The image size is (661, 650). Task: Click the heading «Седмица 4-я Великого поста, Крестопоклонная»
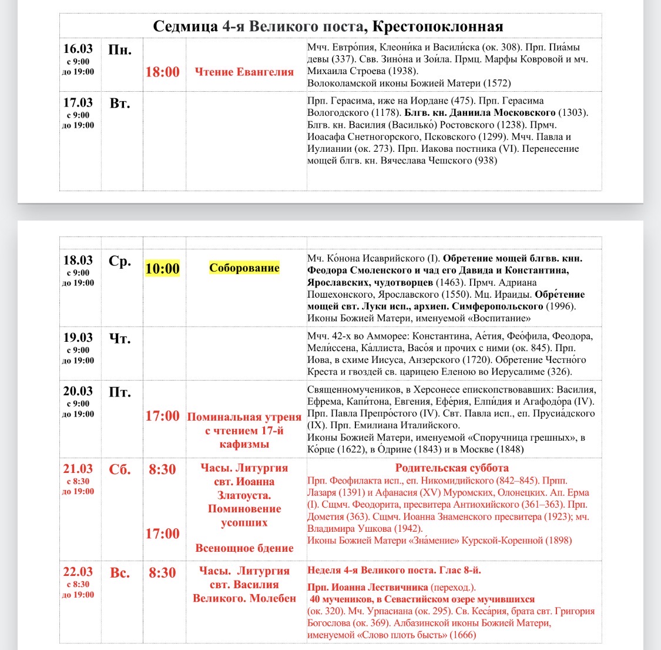328,26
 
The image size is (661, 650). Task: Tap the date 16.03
78,48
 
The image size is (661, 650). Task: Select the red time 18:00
163,72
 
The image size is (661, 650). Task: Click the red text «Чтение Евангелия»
244,72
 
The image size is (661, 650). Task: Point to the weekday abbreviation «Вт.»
120,104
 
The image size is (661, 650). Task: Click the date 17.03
78,102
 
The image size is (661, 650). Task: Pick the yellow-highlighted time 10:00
163,269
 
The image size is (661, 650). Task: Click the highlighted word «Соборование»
244,268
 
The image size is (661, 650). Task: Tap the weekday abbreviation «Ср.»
120,261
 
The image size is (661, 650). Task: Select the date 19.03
78,338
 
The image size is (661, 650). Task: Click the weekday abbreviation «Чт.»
120,339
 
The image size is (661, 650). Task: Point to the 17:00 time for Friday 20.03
163,416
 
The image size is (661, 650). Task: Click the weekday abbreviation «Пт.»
120,392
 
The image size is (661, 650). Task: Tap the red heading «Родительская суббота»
452,468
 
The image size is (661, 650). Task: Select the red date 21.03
78,469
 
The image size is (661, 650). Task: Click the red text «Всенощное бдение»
244,548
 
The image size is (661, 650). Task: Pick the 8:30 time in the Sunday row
162,572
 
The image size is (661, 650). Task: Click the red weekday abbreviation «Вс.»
120,572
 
